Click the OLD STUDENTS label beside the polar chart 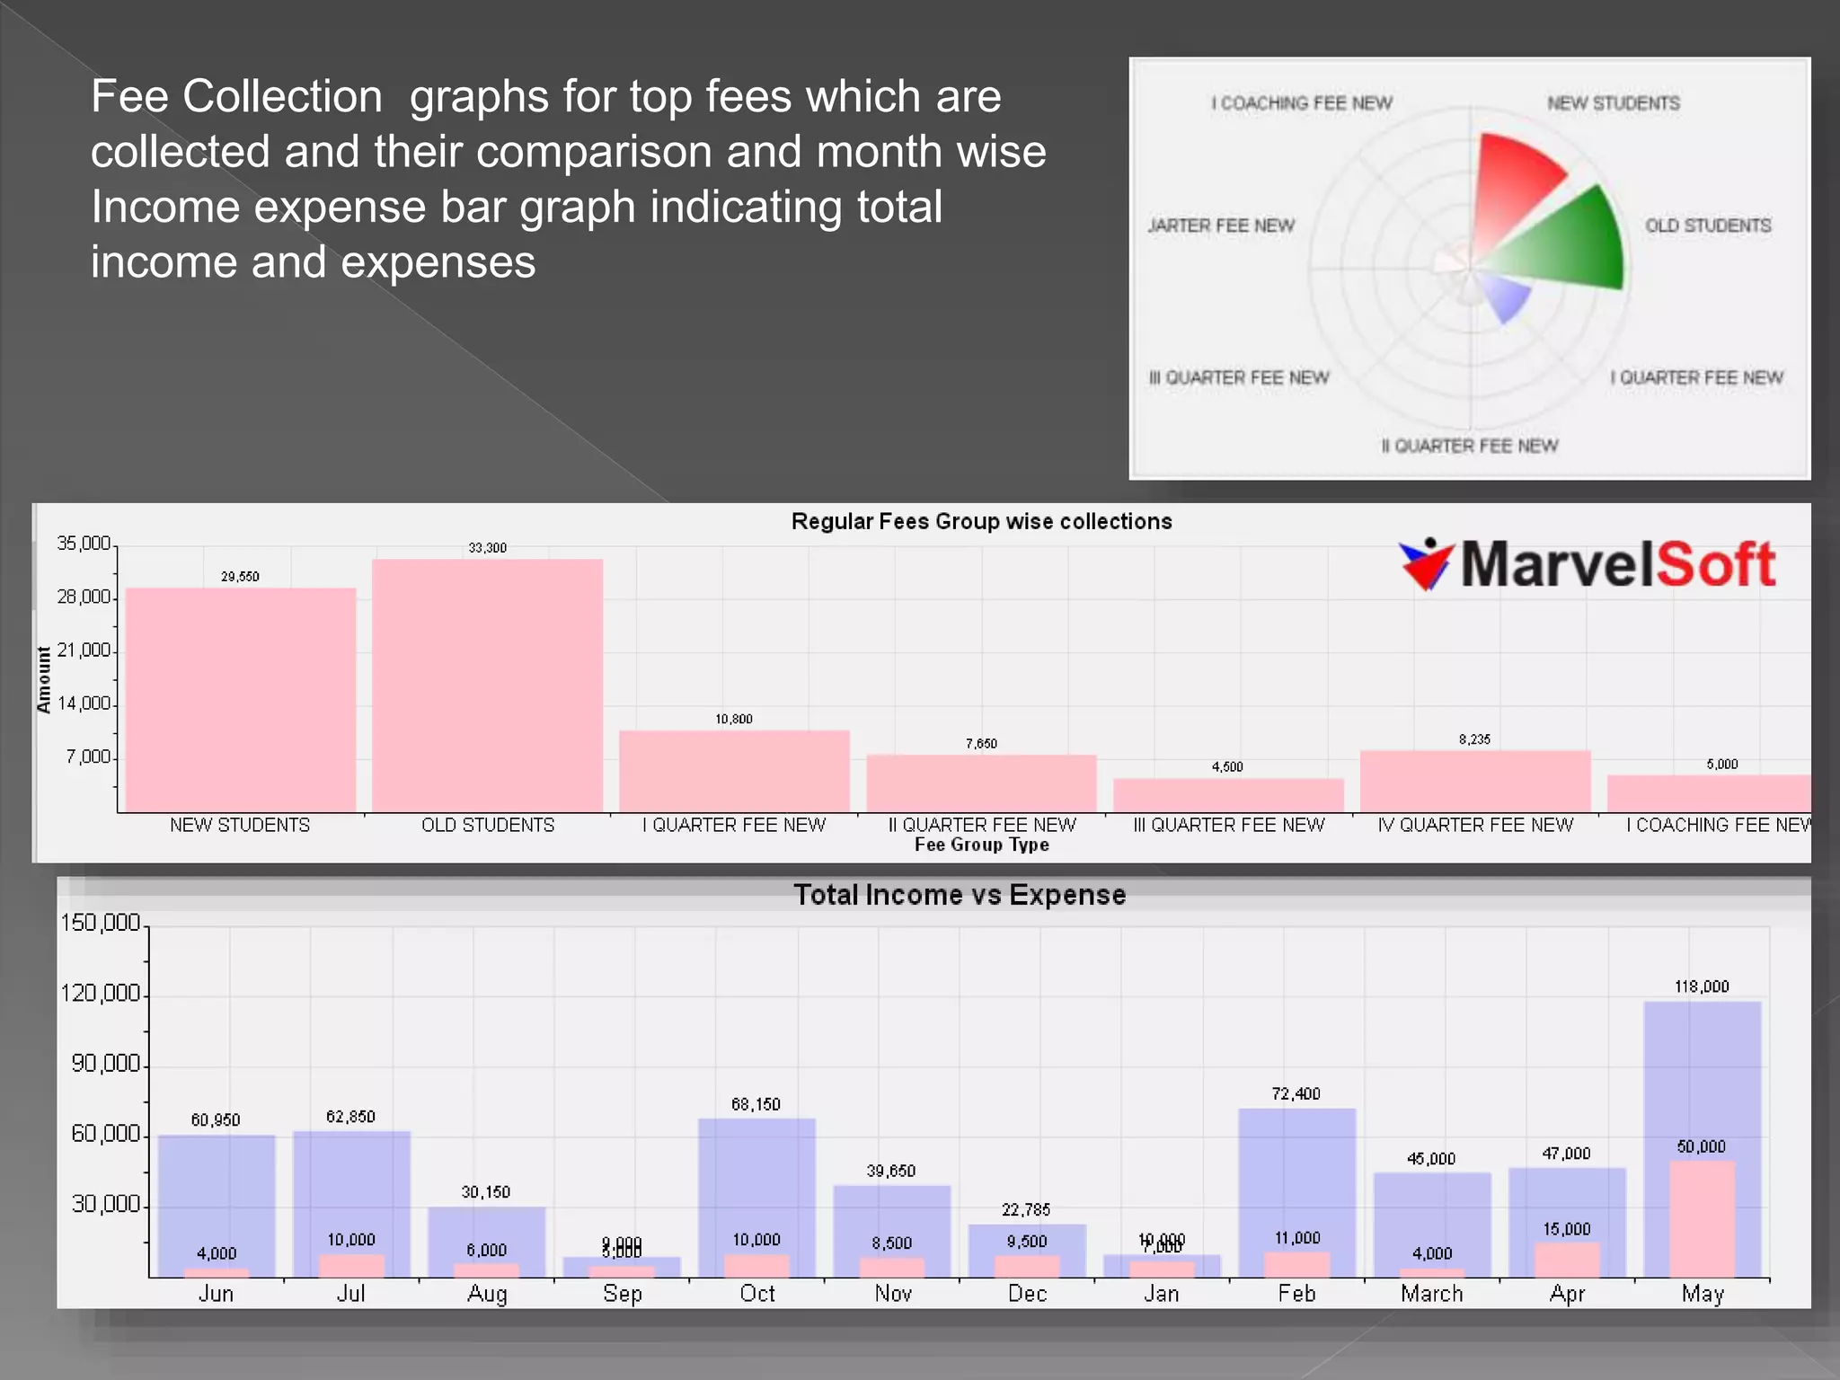1707,226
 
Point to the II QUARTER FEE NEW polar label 1469,446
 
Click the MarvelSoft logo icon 1426,564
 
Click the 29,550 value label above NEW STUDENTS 240,577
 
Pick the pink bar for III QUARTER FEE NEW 1228,795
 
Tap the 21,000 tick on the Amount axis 84,650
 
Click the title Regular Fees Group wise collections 981,521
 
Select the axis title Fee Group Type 981,845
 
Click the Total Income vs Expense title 960,895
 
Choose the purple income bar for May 1702,1078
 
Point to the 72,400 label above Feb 1296,1093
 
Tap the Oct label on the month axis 756,1294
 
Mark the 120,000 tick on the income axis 101,993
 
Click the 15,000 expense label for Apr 1566,1229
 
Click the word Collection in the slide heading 282,96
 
